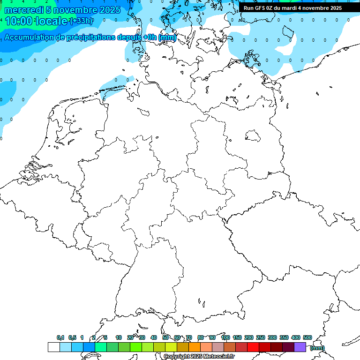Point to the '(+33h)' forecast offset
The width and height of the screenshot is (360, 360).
pos(81,21)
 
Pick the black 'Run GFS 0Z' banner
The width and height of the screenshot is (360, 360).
pos(292,8)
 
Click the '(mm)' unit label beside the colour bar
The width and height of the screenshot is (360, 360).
pos(317,348)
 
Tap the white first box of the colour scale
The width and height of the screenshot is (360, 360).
pos(54,347)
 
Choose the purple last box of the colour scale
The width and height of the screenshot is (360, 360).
pos(300,347)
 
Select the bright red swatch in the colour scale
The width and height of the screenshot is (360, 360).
pos(253,347)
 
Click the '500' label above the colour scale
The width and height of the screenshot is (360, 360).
pos(307,337)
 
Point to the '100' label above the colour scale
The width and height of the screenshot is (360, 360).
pos(225,337)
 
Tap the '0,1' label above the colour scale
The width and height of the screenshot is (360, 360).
pos(60,337)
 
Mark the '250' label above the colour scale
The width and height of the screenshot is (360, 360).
pos(261,337)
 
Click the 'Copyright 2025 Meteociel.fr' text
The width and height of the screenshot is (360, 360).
pos(199,357)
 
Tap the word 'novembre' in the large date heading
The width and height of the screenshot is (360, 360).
pos(71,10)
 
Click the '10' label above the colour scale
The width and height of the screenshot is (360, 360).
pos(119,337)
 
